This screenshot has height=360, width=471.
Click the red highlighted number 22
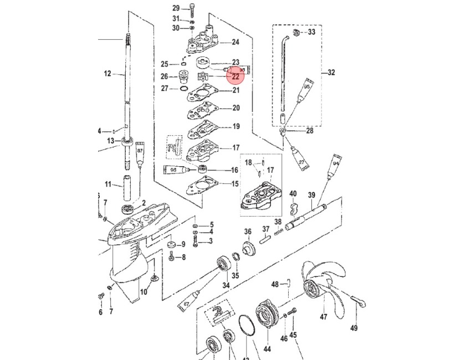pos(235,77)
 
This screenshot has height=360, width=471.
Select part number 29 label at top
pos(176,8)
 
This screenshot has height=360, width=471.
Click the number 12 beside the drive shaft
pos(107,73)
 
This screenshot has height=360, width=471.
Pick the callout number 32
pos(331,73)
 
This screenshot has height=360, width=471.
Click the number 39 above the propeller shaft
pos(311,195)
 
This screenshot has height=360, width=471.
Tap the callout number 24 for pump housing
pos(235,42)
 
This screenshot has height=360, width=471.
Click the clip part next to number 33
pos(296,33)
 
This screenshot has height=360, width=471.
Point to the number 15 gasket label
pos(235,184)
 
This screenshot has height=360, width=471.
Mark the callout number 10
pos(144,292)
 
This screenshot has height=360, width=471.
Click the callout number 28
pos(309,131)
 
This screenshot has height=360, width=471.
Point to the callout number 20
pos(235,108)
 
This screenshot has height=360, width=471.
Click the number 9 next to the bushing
pos(183,244)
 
